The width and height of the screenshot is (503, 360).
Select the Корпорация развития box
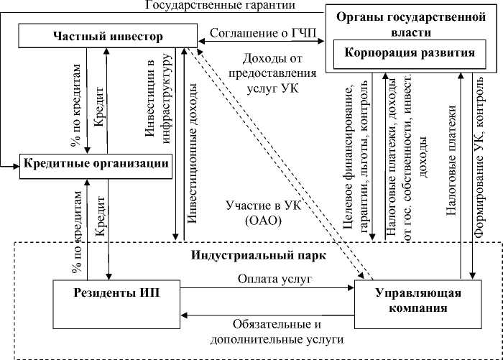pos(409,53)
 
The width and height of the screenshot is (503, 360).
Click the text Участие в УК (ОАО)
pos(250,213)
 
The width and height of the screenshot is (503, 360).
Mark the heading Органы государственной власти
pos(412,22)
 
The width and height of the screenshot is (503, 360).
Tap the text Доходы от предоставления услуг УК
pos(267,72)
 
